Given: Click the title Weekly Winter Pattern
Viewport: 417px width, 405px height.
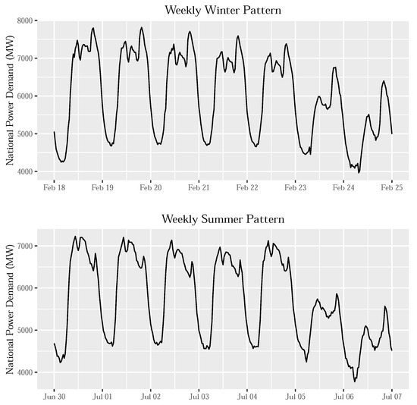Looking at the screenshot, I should coord(223,10).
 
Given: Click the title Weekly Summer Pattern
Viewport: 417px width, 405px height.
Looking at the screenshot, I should coord(223,220).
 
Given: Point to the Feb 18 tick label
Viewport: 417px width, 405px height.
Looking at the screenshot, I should coord(55,187).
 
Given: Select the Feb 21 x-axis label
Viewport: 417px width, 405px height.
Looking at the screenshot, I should coord(199,187).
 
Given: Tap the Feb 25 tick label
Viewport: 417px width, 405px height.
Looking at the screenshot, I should coord(392,187).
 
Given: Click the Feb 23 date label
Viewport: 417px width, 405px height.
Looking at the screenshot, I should coord(295,187).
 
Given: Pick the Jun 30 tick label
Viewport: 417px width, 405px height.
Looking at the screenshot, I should coord(55,396).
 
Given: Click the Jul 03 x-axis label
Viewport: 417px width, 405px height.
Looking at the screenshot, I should coord(199,396).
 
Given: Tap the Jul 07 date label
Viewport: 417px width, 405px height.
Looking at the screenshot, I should coord(392,396).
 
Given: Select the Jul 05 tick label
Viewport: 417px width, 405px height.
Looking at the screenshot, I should coord(295,396).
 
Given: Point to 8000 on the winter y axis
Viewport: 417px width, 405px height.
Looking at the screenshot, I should coord(24,20).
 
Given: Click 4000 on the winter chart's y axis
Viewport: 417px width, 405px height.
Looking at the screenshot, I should coord(24,172).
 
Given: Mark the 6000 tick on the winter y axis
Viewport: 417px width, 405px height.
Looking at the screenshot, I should coord(24,96).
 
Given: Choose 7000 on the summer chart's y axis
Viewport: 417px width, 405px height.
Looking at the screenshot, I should coord(24,246).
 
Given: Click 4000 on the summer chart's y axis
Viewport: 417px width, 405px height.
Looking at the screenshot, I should coord(24,372).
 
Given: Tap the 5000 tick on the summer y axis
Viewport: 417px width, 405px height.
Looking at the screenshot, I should coord(24,331).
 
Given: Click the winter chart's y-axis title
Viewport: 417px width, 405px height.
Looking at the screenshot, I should coord(9,96).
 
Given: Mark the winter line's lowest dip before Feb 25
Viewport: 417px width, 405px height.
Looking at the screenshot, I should coord(359,173).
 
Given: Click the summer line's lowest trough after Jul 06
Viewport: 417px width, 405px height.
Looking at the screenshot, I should coord(355,381).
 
